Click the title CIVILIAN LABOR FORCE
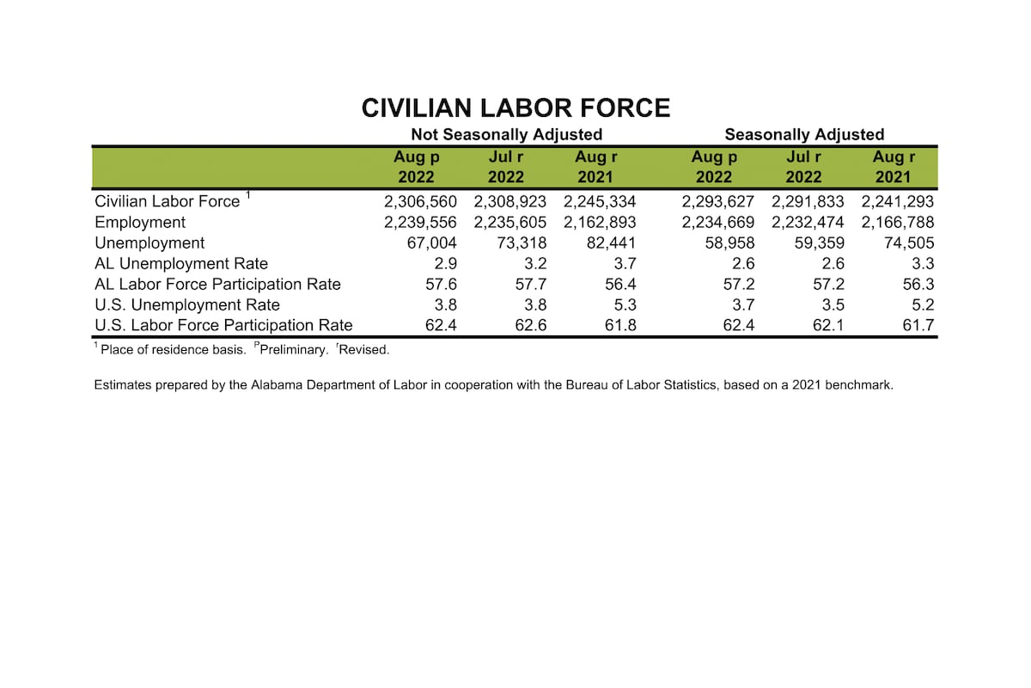[515, 107]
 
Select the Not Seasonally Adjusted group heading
[506, 134]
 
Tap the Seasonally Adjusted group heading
[804, 134]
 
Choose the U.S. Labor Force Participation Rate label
[223, 325]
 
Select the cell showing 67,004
[433, 243]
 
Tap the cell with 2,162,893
[600, 222]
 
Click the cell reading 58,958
[728, 243]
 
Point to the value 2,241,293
[897, 201]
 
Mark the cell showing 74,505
[907, 243]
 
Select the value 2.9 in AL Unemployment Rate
[449, 263]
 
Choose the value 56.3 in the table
[918, 284]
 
